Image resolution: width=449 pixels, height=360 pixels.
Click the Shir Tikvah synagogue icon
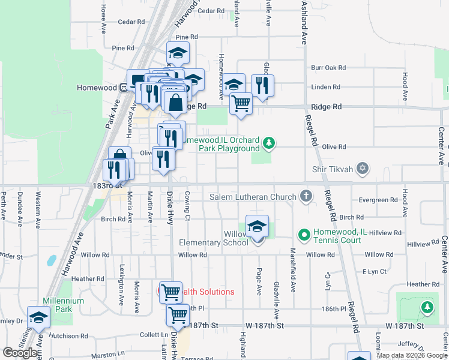pyautogui.click(x=362, y=167)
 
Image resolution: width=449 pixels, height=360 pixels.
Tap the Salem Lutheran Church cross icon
pyautogui.click(x=306, y=196)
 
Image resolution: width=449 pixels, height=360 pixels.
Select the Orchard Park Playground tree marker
pyautogui.click(x=270, y=143)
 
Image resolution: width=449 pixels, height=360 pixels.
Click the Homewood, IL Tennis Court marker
pyautogui.click(x=304, y=234)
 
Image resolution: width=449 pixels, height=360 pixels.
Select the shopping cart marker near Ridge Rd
pyautogui.click(x=241, y=103)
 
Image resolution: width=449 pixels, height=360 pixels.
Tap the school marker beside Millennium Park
pyautogui.click(x=38, y=318)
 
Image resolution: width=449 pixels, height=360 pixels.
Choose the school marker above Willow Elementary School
pyautogui.click(x=257, y=226)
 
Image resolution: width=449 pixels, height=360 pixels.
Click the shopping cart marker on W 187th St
pyautogui.click(x=178, y=314)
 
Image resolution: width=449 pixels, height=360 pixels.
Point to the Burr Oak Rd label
pyautogui.click(x=329, y=68)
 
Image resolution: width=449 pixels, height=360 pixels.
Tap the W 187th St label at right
pyautogui.click(x=405, y=325)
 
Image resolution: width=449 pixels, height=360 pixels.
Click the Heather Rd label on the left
pyautogui.click(x=88, y=279)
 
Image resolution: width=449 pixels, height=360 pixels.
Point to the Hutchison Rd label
pyautogui.click(x=69, y=336)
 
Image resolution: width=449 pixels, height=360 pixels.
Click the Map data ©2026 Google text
pyautogui.click(x=411, y=355)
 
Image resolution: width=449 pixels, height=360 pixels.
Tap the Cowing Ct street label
pyautogui.click(x=188, y=206)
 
